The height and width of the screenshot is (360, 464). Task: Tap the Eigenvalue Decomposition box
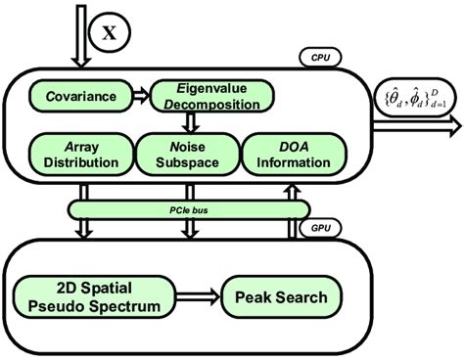pyautogui.click(x=207, y=95)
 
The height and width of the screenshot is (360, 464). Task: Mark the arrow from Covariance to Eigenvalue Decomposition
pyautogui.click(x=144, y=95)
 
